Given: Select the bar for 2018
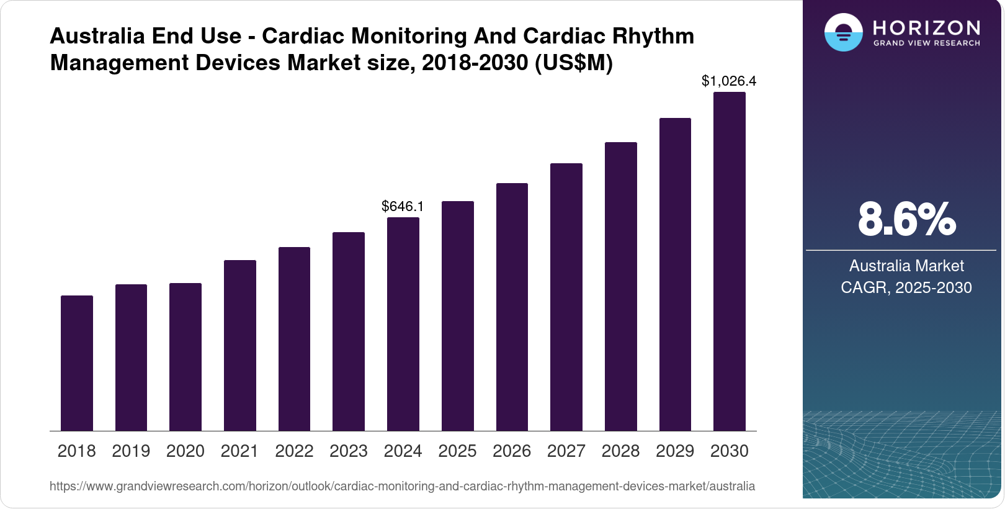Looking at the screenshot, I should (77, 363).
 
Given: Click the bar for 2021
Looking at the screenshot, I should (240, 345).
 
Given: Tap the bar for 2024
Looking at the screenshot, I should (403, 324).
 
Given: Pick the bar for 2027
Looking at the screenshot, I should (566, 297).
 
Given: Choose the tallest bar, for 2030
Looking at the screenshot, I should (730, 261).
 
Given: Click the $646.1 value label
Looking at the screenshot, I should (403, 206).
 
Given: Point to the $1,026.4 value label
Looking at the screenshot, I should (729, 81).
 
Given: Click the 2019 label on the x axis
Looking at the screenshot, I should (131, 451).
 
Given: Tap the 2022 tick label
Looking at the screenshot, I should (294, 451).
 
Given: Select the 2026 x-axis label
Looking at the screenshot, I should (512, 451).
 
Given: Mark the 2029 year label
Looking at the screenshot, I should (675, 451).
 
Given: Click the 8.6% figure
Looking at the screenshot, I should (906, 219).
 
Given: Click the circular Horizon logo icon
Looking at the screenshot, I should (843, 32).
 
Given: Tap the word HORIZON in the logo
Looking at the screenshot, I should (927, 27).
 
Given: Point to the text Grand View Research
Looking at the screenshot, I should (927, 43).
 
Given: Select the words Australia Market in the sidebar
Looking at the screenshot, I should (906, 266).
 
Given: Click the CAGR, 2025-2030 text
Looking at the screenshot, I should (906, 287).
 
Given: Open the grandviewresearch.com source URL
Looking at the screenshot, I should (402, 486).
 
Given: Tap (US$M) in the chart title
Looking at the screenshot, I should (574, 63).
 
